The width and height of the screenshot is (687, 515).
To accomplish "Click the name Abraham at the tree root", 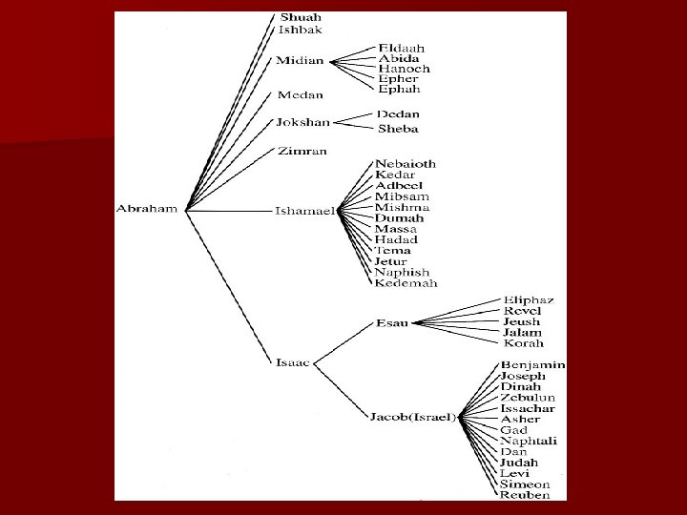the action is click(x=147, y=209).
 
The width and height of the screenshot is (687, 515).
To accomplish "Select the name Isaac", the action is click(x=293, y=362).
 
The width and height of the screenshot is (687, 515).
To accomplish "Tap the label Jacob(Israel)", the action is click(x=413, y=417).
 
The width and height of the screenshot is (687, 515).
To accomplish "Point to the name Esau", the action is click(x=392, y=323).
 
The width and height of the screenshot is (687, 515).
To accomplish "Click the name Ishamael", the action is click(x=305, y=211).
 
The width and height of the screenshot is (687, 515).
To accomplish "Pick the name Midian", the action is click(x=300, y=60).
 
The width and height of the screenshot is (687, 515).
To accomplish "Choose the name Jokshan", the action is click(x=302, y=122).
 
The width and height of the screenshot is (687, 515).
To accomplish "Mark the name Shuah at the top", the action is click(x=301, y=17).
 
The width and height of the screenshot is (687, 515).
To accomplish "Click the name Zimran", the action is click(x=302, y=152).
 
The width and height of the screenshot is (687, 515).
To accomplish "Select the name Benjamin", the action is click(x=532, y=364).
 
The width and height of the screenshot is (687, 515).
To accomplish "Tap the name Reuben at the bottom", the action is click(x=525, y=495).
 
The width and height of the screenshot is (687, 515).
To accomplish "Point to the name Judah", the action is click(x=519, y=463).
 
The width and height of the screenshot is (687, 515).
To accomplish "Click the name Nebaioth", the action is click(x=406, y=164).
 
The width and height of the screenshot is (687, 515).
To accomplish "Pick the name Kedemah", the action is click(x=406, y=283).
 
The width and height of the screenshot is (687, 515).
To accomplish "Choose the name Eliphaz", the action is click(x=529, y=300).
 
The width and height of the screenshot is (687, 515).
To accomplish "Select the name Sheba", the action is click(x=398, y=129).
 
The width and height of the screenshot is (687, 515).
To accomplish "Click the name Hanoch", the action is click(x=404, y=69).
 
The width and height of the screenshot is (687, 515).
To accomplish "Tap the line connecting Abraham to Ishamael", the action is click(x=229, y=211).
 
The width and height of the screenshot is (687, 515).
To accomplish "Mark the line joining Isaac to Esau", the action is click(x=343, y=343).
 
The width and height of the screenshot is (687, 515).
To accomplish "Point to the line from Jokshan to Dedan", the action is click(x=353, y=118).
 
